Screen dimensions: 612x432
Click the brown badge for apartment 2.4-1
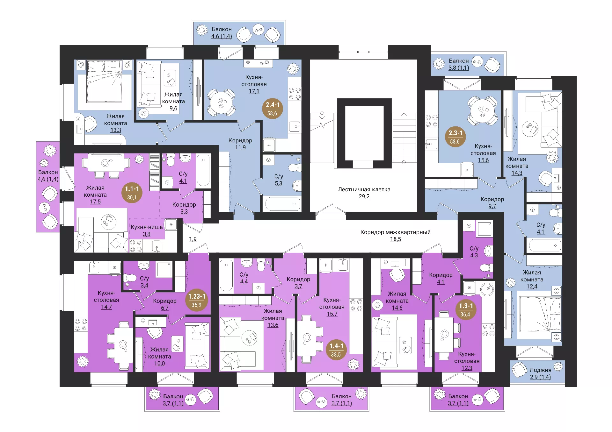tap(272, 109)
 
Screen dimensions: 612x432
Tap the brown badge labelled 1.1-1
tap(132, 193)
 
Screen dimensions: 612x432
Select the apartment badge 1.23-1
tap(197, 300)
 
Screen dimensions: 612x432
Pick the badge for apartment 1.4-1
tap(336, 350)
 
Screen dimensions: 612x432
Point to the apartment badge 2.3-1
tap(455, 137)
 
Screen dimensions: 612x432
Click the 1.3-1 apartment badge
tap(466, 310)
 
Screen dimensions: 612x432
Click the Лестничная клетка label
tap(364, 189)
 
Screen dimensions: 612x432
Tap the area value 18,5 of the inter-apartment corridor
tap(395, 239)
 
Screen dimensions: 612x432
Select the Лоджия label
tap(540, 370)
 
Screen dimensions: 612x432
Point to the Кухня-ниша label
tap(147, 227)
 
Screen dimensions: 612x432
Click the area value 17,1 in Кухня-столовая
tap(254, 91)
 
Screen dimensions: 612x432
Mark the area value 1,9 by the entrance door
tap(193, 239)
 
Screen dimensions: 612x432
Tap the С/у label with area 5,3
tap(279, 176)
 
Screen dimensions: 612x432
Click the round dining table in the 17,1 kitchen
tap(221, 102)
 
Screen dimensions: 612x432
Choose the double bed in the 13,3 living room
tap(105, 81)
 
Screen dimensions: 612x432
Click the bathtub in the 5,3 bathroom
tap(283, 204)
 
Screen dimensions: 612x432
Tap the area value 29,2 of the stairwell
tap(364, 196)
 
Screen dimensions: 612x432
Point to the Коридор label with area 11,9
tap(240, 140)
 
